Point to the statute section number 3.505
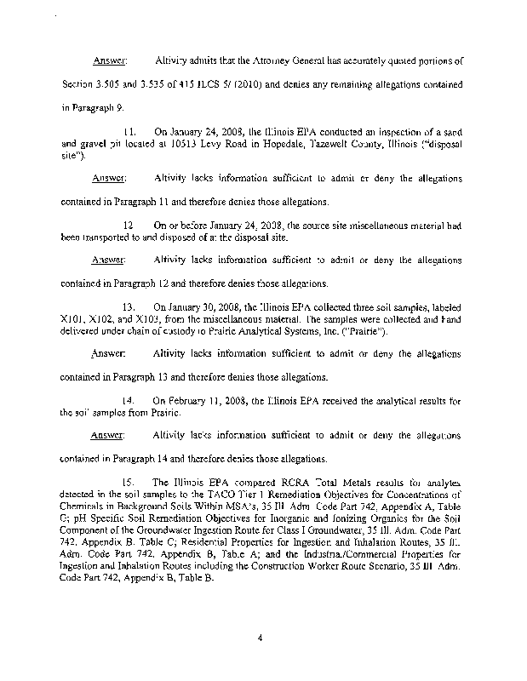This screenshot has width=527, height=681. click(112, 85)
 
